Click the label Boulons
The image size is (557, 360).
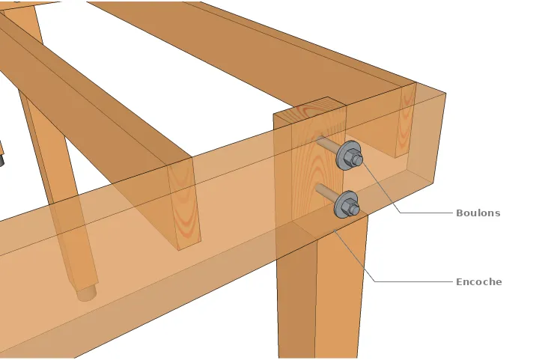coord(478,213)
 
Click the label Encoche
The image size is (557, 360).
coord(478,282)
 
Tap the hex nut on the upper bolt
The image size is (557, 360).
coord(356,159)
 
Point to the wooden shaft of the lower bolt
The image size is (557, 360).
coord(326,192)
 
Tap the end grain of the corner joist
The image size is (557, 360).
coord(406,120)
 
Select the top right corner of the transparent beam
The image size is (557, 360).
coord(445,94)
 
